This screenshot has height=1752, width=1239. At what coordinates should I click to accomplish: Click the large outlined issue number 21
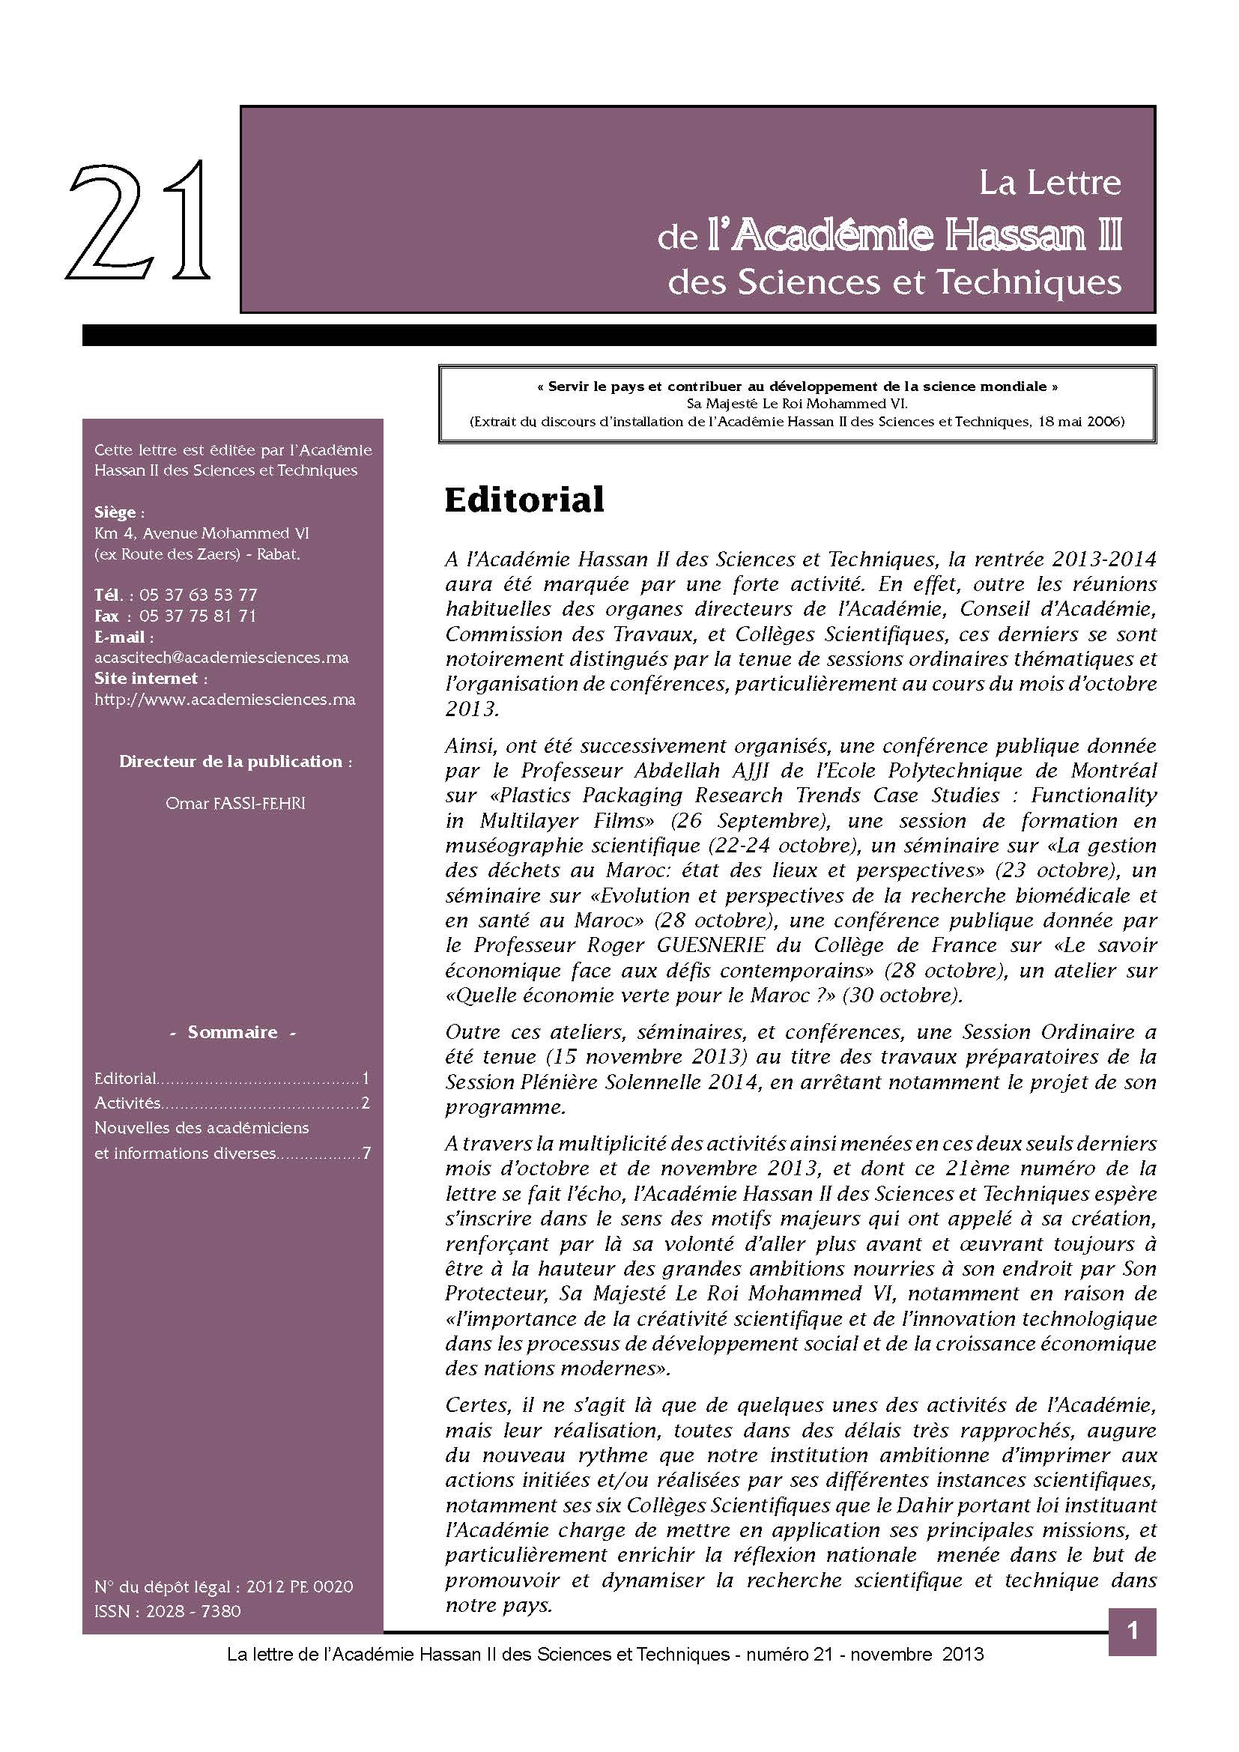click(x=139, y=221)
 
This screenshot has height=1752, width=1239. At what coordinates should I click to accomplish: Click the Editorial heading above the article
click(x=524, y=500)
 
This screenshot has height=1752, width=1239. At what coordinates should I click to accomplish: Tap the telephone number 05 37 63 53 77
click(x=199, y=595)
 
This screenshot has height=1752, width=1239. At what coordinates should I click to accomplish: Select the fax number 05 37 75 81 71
click(x=199, y=616)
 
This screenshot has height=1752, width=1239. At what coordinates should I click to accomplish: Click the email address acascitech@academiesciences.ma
click(x=221, y=657)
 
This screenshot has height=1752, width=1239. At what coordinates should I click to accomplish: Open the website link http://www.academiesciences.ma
click(x=225, y=699)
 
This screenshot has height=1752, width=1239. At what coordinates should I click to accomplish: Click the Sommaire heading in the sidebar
click(x=233, y=1031)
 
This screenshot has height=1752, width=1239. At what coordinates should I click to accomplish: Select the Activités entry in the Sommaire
click(x=127, y=1103)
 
